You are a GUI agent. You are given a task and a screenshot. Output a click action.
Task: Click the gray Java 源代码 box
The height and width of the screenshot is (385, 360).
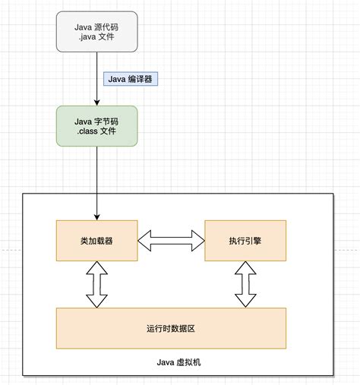pyautogui.click(x=97, y=32)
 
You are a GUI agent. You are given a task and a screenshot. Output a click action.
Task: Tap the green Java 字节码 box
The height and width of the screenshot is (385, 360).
pyautogui.click(x=97, y=125)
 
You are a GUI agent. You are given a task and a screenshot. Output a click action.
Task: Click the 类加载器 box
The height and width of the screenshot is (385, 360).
pyautogui.click(x=97, y=240)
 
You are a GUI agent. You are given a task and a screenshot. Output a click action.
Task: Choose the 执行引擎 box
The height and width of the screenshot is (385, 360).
pyautogui.click(x=245, y=240)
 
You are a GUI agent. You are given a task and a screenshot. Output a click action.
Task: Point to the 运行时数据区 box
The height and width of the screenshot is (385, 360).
pyautogui.click(x=172, y=328)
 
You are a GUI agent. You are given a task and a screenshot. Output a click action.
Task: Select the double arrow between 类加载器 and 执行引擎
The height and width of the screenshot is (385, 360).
pyautogui.click(x=171, y=241)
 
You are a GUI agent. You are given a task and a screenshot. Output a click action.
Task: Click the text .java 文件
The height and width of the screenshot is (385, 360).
pyautogui.click(x=97, y=38)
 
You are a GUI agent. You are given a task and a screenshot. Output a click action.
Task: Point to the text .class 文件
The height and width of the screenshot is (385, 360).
pyautogui.click(x=97, y=132)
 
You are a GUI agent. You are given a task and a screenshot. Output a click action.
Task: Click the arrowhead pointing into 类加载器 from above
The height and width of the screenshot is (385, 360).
pyautogui.click(x=97, y=216)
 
